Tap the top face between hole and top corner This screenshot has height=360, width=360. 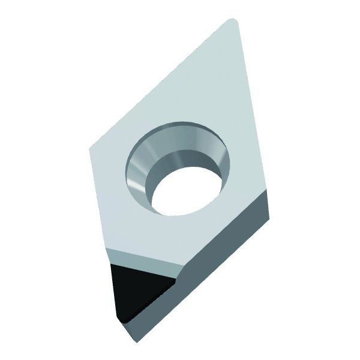coord(204,84)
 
